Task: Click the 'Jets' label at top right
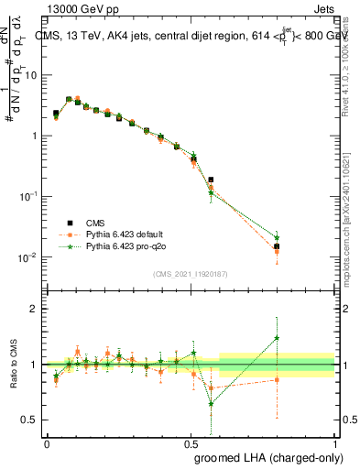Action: [x=322, y=7]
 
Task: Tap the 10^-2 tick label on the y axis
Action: [x=30, y=256]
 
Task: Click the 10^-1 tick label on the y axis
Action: [x=30, y=196]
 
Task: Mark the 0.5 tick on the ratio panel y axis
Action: [x=33, y=420]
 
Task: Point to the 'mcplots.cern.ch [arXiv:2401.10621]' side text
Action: [x=352, y=229]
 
